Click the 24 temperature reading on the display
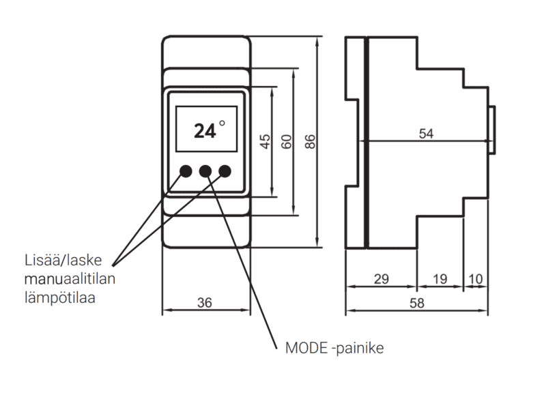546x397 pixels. pos(203,130)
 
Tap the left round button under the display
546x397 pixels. pos(186,171)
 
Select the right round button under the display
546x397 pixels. pos(225,171)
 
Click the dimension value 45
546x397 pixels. pos(265,141)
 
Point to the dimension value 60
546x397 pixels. pos(287,141)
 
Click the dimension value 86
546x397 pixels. pos(310,141)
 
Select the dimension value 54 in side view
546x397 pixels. pos(426,134)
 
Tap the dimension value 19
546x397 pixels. pos(440,280)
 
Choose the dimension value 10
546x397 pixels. pos(475,280)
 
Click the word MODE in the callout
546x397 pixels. pos(304,349)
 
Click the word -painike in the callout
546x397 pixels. pos(357,349)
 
